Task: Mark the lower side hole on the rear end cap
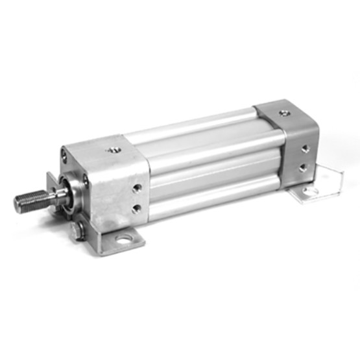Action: pyautogui.click(x=303, y=167)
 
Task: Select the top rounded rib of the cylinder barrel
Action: pyautogui.click(x=195, y=130)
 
